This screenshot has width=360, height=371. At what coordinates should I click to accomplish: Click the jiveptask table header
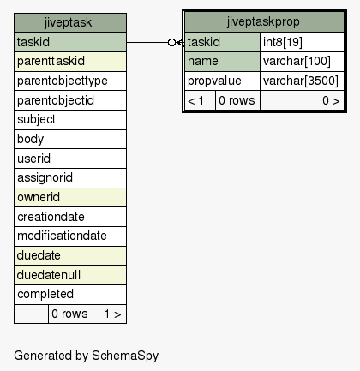70,22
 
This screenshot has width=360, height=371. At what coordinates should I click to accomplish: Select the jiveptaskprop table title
264,21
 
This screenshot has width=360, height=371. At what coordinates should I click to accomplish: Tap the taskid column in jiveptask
70,42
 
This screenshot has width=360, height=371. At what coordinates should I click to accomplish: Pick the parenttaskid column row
70,62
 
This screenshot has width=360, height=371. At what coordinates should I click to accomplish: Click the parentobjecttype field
70,81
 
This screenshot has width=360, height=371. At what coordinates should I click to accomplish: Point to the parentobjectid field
70,100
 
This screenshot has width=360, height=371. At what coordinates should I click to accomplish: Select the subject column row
70,120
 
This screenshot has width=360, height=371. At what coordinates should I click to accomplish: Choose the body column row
70,139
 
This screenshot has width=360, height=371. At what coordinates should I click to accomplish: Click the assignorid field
70,178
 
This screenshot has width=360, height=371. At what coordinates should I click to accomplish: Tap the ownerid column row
70,197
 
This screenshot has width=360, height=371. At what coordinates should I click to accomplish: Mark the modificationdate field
70,236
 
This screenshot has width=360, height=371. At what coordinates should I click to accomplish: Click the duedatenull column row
70,275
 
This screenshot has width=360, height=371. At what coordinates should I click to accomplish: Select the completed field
70,295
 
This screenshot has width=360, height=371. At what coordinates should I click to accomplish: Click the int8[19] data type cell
302,42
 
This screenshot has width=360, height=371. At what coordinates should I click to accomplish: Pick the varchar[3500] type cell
302,81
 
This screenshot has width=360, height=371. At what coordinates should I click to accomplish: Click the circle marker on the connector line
171,43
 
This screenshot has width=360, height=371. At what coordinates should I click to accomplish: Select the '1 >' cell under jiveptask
110,314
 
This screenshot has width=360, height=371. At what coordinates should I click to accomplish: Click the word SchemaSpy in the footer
125,356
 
